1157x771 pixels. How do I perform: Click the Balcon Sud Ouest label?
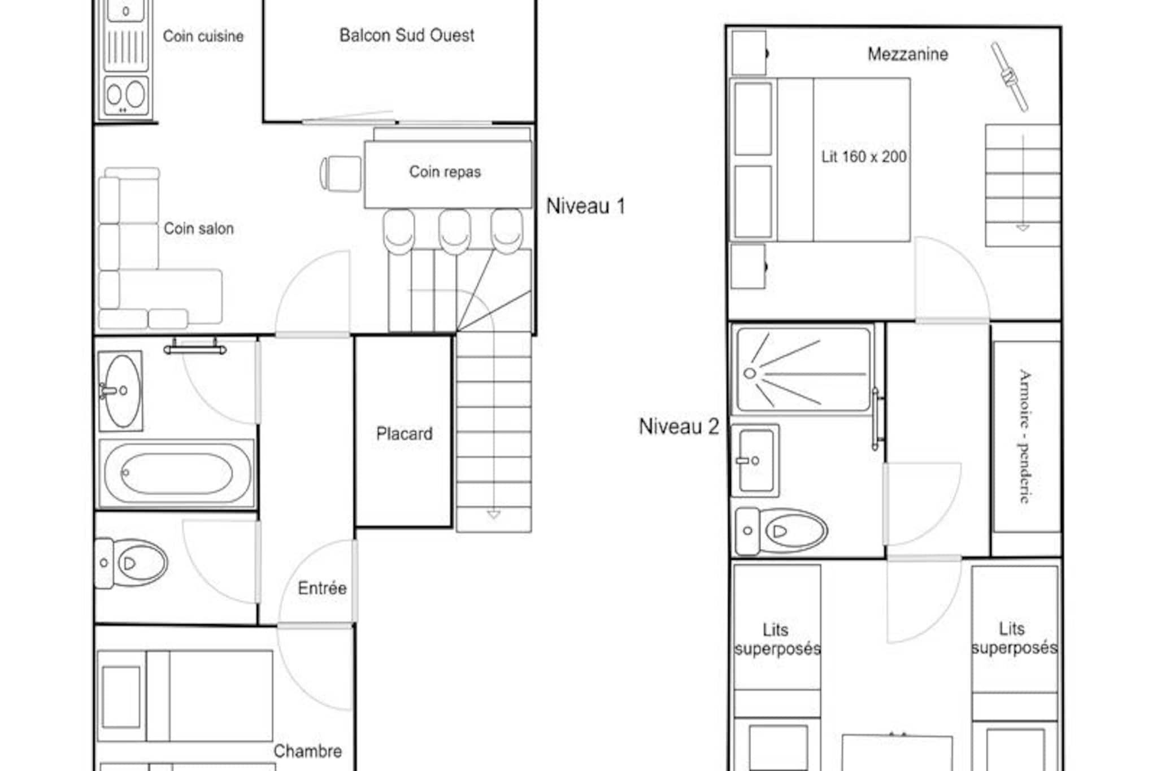pyautogui.click(x=407, y=36)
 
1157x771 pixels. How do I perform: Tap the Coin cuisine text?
pyautogui.click(x=203, y=36)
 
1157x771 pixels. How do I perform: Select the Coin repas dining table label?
pyautogui.click(x=445, y=172)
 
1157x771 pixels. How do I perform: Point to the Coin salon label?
pyautogui.click(x=198, y=229)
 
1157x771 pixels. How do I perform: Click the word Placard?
pyautogui.click(x=404, y=434)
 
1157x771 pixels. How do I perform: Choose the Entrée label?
pyautogui.click(x=322, y=588)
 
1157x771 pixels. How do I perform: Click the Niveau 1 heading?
pyautogui.click(x=586, y=206)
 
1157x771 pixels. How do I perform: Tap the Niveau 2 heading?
pyautogui.click(x=679, y=426)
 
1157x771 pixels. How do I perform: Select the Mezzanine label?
pyautogui.click(x=908, y=54)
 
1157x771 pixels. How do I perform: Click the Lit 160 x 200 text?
pyautogui.click(x=864, y=156)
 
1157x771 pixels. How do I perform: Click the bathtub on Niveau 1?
pyautogui.click(x=177, y=473)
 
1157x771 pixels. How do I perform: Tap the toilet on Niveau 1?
pyautogui.click(x=131, y=563)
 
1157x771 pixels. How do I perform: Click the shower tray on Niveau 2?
pyautogui.click(x=803, y=370)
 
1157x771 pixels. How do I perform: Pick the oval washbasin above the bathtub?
pyautogui.click(x=120, y=391)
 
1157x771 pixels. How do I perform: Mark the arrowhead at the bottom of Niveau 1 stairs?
pyautogui.click(x=494, y=515)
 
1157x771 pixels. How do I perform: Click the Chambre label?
pyautogui.click(x=308, y=751)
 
